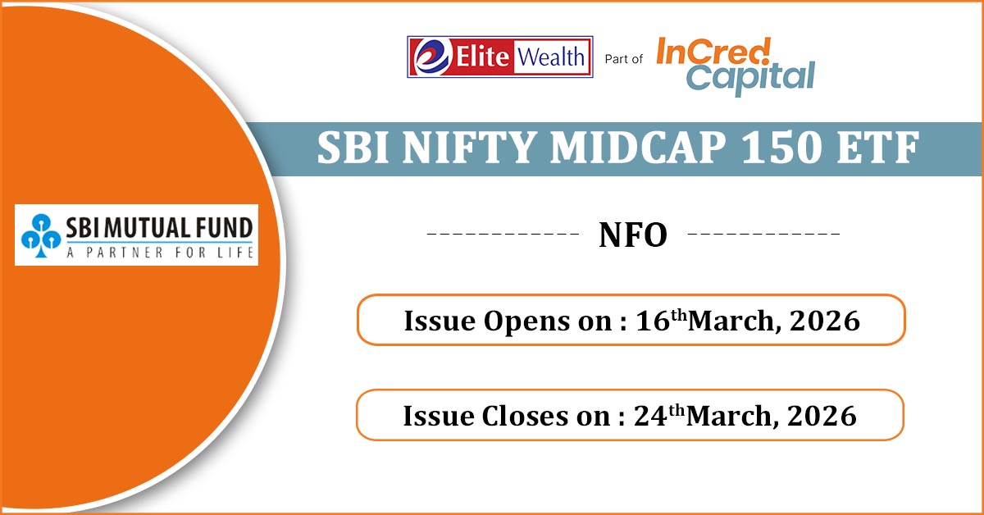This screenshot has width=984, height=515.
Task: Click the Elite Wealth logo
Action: point(500,57)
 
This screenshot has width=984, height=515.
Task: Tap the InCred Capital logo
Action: point(736,66)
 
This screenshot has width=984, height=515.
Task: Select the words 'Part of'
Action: point(623,59)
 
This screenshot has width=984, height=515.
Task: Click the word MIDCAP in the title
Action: point(638,148)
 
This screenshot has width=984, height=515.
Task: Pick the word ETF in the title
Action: point(877,148)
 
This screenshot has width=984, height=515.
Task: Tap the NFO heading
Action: point(633,235)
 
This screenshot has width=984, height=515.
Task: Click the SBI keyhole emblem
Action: point(41,235)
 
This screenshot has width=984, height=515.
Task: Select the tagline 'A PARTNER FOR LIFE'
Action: point(160,253)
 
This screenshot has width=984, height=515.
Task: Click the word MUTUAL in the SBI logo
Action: point(147,228)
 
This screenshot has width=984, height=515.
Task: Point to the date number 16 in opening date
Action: point(653,321)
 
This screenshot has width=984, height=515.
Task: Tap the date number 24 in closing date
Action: point(650,416)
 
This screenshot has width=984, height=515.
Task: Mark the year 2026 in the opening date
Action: point(825,321)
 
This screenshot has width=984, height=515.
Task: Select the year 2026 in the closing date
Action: point(822,416)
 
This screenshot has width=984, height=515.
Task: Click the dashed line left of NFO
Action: point(503,234)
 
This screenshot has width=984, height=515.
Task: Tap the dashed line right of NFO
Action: point(763,234)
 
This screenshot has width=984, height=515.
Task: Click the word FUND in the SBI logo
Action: point(225,228)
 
